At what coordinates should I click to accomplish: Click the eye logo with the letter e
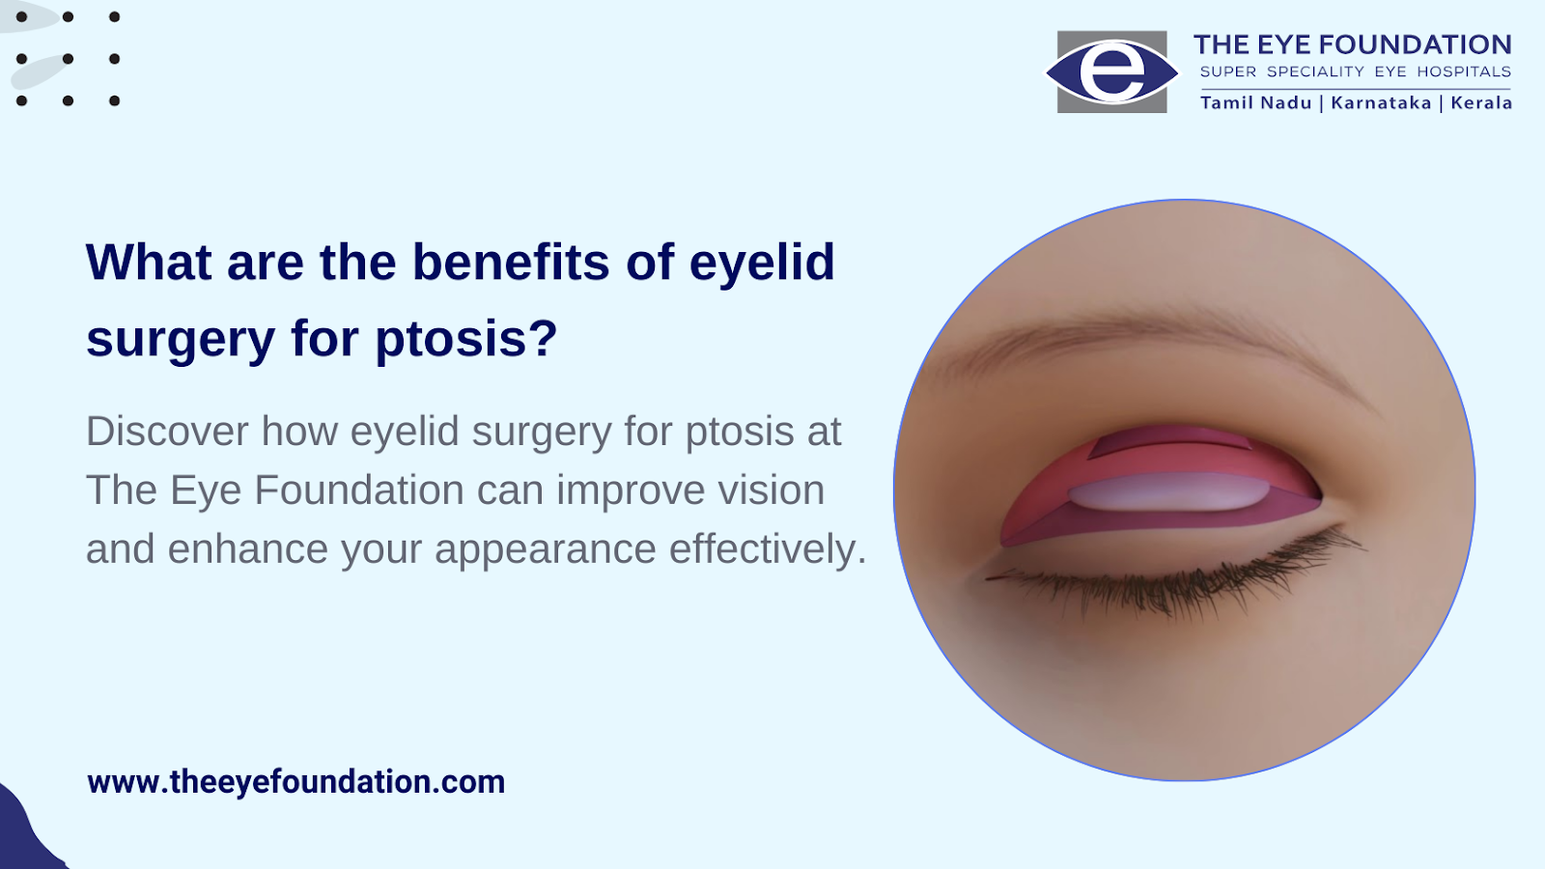tap(1111, 71)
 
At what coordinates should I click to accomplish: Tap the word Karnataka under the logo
tap(1381, 102)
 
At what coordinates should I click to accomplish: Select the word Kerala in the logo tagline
tap(1481, 102)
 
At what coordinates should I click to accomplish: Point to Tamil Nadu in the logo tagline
tap(1256, 102)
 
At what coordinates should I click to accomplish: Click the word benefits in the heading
tap(511, 262)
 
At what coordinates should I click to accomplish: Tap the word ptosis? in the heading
tap(466, 338)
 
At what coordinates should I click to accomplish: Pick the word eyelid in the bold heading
tap(762, 262)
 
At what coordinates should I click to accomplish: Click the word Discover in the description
tap(167, 431)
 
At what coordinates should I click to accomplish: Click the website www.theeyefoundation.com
tap(295, 782)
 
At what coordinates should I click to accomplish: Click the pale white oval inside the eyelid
tap(1169, 491)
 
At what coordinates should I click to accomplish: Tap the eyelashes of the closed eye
tap(1176, 575)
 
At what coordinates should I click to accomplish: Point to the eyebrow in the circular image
tap(1145, 342)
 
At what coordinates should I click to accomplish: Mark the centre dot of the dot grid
tap(68, 59)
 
